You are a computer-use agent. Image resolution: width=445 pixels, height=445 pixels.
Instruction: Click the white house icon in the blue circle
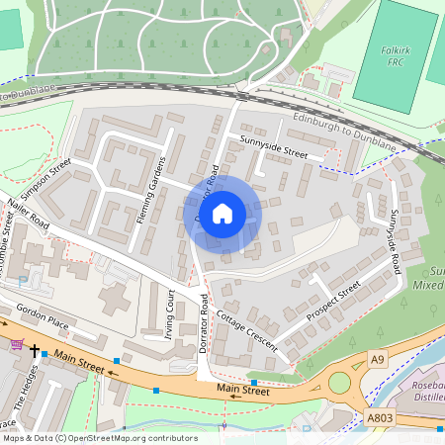[x=222, y=213]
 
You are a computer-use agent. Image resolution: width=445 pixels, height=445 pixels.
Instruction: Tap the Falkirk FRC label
[x=396, y=55]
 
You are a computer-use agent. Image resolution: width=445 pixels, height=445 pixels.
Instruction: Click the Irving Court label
[x=169, y=312]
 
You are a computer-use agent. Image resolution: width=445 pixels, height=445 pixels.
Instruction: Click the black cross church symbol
[x=35, y=351]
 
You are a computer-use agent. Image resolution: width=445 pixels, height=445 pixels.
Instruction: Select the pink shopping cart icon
[x=16, y=344]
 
